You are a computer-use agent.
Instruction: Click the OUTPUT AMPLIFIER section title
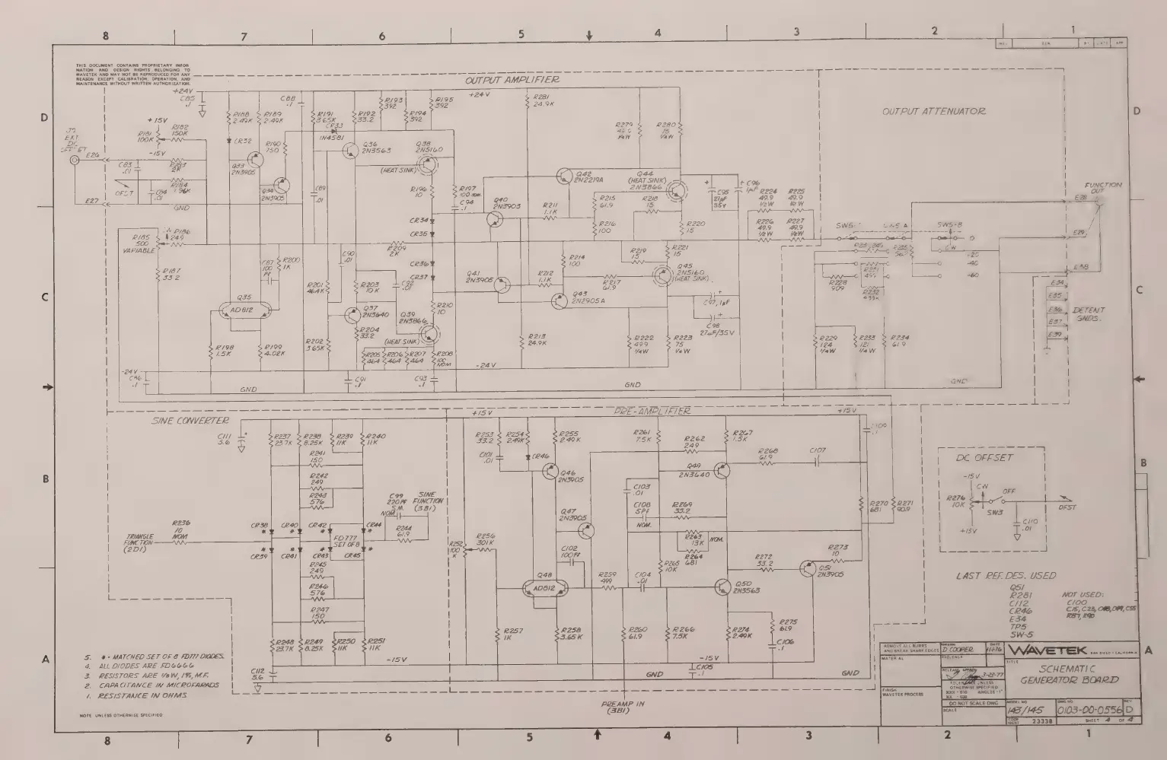pyautogui.click(x=512, y=80)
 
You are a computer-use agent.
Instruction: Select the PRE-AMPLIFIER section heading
pyautogui.click(x=652, y=411)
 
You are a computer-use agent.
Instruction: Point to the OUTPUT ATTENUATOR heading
pyautogui.click(x=933, y=111)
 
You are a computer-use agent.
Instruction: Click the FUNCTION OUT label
pyautogui.click(x=1103, y=189)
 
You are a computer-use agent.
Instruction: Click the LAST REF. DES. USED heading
pyautogui.click(x=1006, y=576)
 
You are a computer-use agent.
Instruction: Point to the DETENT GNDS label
pyautogui.click(x=1089, y=314)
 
